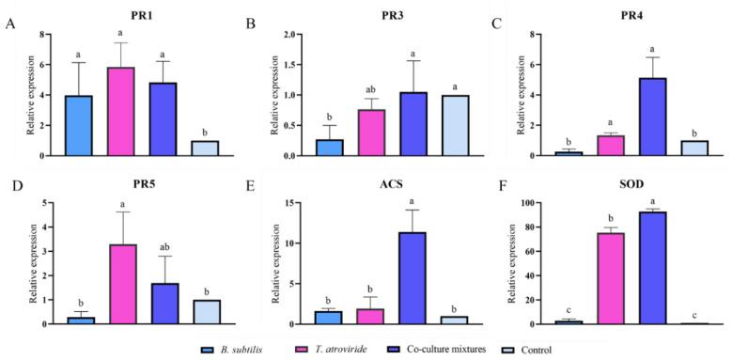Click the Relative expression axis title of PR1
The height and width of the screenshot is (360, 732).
[x=31, y=95]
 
